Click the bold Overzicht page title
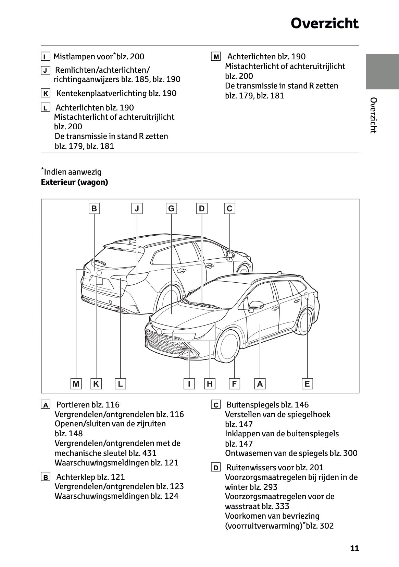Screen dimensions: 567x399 click(324, 24)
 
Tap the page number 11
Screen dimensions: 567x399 click(354, 548)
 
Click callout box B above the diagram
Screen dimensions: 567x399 click(94, 209)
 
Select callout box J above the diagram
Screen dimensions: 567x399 click(137, 209)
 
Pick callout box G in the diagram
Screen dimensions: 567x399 click(171, 209)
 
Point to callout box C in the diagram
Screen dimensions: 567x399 click(229, 209)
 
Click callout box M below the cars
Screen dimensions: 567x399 click(76, 383)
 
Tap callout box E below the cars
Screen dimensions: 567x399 click(307, 383)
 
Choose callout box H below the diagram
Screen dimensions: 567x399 click(209, 383)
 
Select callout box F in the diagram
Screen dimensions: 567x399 click(234, 383)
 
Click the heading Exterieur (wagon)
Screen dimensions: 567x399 click(74, 182)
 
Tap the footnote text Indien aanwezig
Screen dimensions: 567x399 click(72, 172)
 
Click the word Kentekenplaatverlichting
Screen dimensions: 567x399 click(101, 93)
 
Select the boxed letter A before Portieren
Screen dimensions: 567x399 click(45, 405)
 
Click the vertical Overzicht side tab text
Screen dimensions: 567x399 click(373, 115)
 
